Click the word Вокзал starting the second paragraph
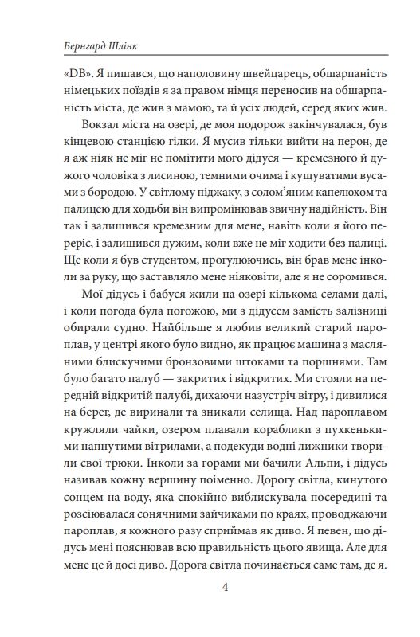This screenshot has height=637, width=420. [100, 125]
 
